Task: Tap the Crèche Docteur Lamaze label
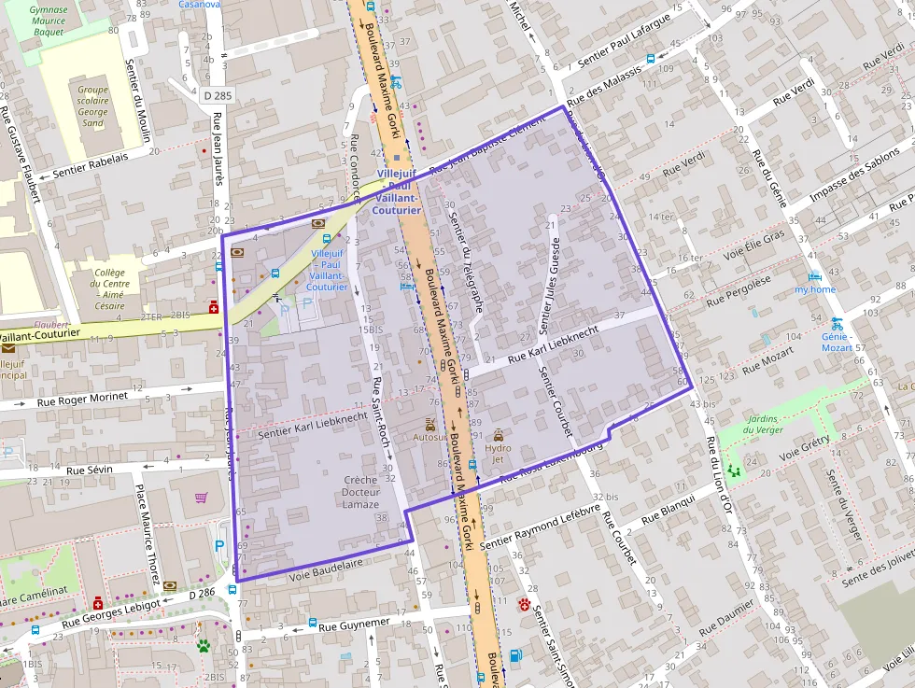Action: click(360, 492)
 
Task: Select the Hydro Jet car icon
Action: click(499, 435)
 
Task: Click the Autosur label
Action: click(430, 437)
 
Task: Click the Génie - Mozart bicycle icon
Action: click(837, 323)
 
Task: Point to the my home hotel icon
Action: click(814, 276)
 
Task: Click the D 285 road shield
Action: click(217, 95)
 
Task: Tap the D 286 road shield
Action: click(201, 593)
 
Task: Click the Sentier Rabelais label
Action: click(91, 165)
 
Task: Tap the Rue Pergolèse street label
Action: click(739, 290)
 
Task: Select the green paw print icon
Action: click(203, 645)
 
